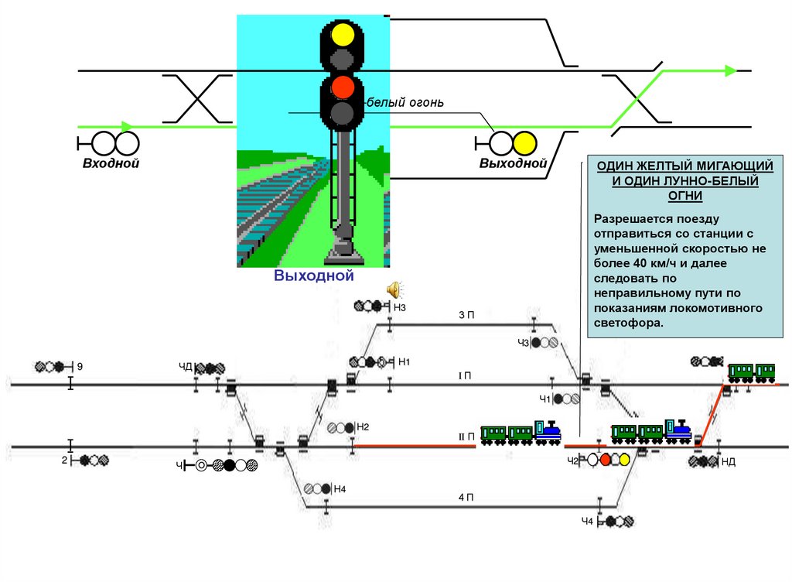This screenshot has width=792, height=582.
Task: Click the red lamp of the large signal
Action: tap(342, 87)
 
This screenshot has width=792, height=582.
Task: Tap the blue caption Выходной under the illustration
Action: tap(314, 276)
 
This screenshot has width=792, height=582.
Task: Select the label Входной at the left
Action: tap(111, 163)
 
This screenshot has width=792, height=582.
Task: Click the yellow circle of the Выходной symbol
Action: tap(524, 143)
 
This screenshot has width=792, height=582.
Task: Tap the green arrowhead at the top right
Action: tap(730, 70)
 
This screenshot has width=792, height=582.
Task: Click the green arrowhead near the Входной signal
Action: tap(128, 126)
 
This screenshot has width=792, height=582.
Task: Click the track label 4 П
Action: tap(466, 498)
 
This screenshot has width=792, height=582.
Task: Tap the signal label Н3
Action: tap(400, 307)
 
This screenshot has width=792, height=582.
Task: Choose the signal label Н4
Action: tap(340, 488)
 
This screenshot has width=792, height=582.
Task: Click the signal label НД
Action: tap(728, 462)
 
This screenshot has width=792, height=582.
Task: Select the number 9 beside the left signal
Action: tap(79, 366)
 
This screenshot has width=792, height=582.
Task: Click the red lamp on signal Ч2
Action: tap(606, 459)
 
